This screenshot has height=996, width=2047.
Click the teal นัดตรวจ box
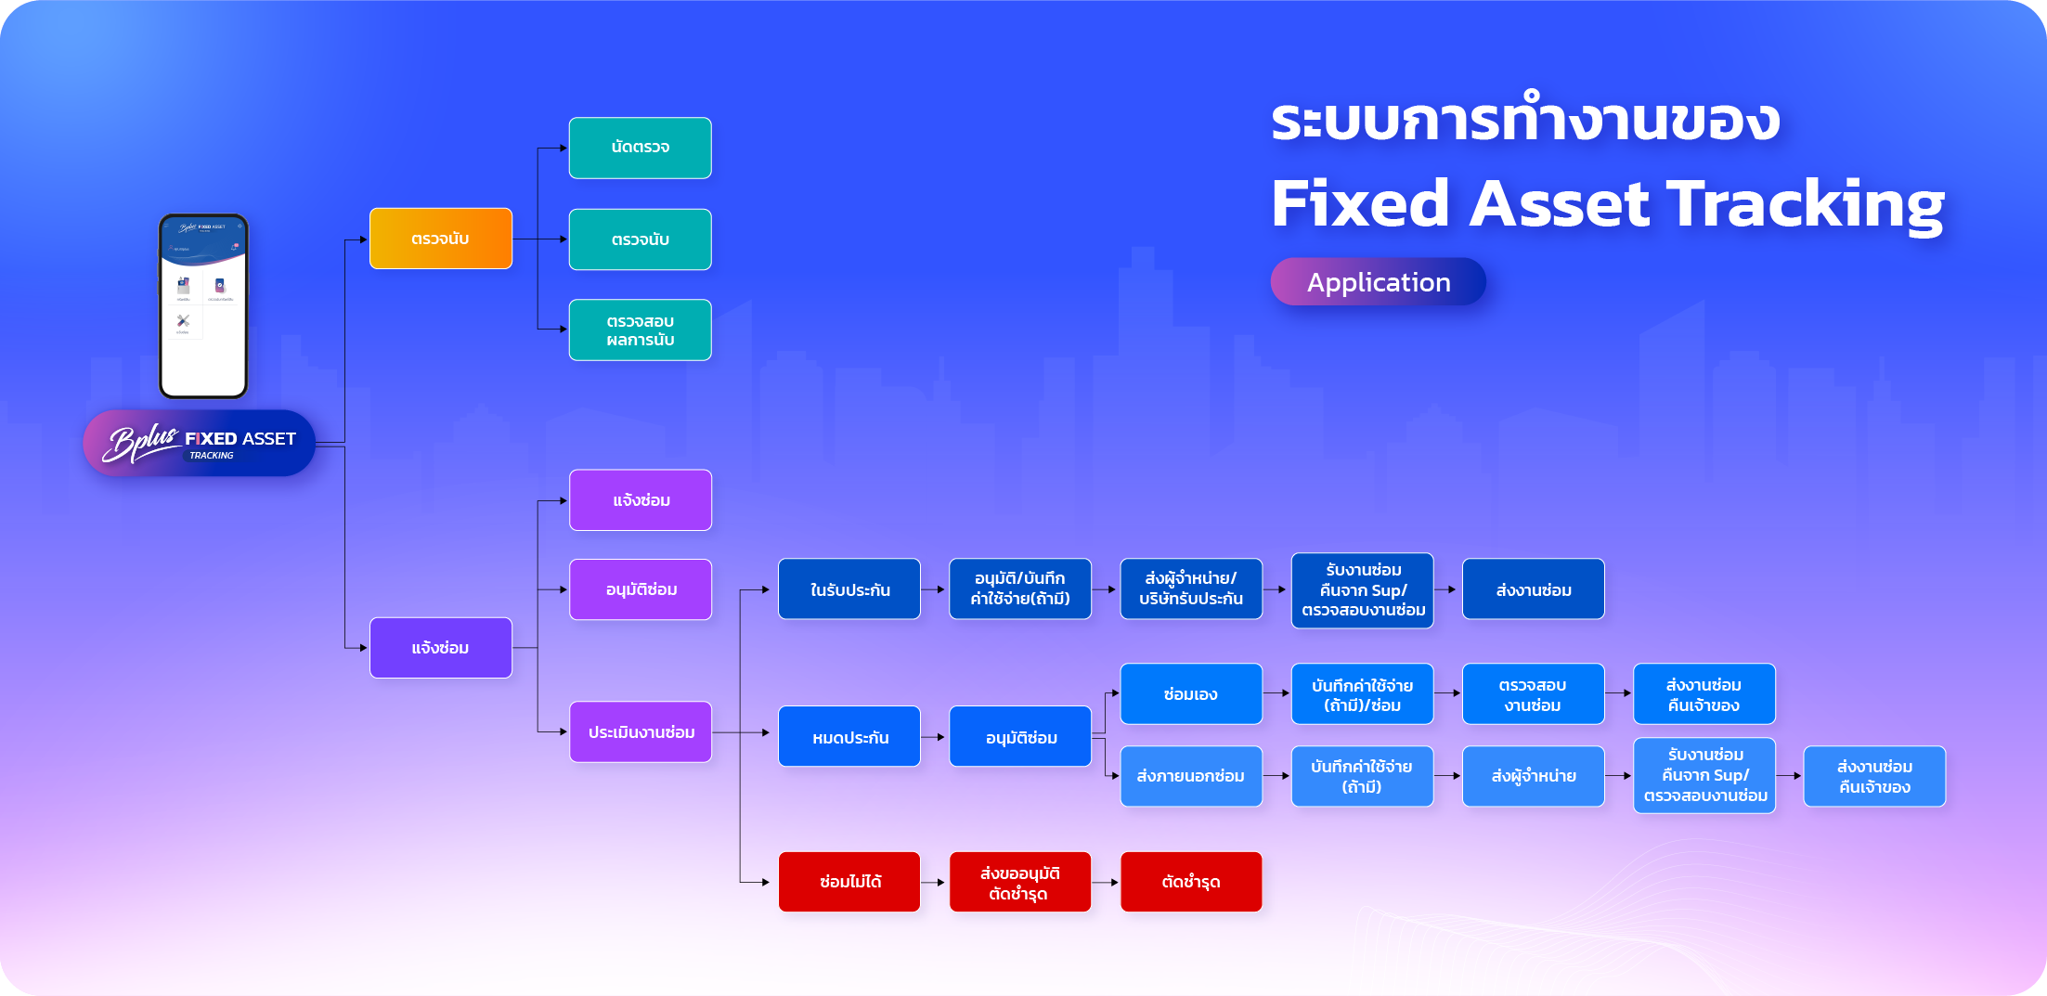point(640,148)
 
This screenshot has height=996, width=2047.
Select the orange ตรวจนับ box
point(440,239)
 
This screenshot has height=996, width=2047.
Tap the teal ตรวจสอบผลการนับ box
point(640,330)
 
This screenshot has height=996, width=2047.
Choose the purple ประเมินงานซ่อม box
point(641,731)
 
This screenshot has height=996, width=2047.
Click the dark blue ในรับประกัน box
point(849,589)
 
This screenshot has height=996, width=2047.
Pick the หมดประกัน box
point(849,737)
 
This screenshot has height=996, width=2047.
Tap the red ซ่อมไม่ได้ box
point(849,882)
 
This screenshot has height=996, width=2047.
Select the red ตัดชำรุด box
point(1191,882)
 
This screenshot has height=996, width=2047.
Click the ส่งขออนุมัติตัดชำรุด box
point(1019,882)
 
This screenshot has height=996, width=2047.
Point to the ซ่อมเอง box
point(1191,693)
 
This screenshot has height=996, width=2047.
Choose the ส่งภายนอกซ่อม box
point(1191,776)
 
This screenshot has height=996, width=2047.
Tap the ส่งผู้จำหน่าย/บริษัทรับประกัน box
point(1191,589)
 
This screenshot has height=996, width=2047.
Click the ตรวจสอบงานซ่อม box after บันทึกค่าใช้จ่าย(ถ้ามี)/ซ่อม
point(1533,693)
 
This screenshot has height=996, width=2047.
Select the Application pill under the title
point(1378,281)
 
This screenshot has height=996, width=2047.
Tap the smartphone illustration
point(203,306)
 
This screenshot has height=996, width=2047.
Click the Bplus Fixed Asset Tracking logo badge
point(200,444)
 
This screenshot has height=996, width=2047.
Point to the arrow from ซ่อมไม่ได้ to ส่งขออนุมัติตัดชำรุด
point(935,882)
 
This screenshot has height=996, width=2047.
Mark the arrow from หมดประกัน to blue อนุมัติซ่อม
point(935,737)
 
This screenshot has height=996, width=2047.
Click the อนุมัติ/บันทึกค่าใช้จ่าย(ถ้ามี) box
point(1019,589)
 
